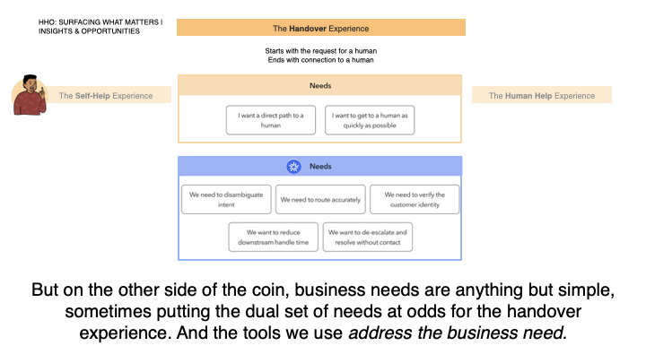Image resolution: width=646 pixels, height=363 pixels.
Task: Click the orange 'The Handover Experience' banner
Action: point(321,28)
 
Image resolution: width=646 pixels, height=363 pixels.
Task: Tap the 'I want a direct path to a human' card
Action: point(271,120)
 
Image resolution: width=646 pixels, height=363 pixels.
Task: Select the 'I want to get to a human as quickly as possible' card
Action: point(370,120)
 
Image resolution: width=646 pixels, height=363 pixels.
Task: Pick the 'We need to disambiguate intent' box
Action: point(226,200)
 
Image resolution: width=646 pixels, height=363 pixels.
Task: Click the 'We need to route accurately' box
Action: point(320,200)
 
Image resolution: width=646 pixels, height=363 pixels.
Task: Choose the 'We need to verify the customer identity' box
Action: point(415,200)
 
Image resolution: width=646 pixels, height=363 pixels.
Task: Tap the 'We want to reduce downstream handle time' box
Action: point(273,237)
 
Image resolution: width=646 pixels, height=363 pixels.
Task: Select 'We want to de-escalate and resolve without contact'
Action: point(368,237)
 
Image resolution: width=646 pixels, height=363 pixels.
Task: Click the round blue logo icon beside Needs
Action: point(293,167)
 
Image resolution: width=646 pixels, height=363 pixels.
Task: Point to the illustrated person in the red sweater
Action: point(29,95)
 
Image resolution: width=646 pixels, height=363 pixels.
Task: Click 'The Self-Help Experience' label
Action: point(106,96)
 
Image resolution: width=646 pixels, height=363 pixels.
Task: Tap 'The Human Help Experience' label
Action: point(542,96)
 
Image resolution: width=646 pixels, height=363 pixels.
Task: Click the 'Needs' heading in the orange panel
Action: point(320,86)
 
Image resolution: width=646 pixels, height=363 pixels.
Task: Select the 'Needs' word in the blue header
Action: point(320,167)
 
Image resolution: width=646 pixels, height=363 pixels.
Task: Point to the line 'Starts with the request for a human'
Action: point(321,51)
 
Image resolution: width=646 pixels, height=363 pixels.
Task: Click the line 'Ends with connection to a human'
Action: point(321,60)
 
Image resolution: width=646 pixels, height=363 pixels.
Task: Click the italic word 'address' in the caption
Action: point(380,333)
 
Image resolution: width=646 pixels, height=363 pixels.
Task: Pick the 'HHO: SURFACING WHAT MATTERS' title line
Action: point(100,22)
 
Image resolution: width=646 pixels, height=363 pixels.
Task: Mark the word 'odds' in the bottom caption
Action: point(424,312)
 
